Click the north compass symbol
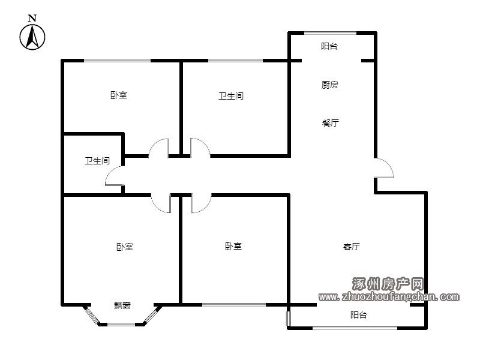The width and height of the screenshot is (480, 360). click(x=32, y=37)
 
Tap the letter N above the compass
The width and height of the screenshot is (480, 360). click(x=32, y=18)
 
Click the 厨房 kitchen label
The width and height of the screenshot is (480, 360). click(x=329, y=85)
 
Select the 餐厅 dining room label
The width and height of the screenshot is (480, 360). click(x=331, y=123)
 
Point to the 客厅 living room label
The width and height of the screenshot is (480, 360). click(x=352, y=247)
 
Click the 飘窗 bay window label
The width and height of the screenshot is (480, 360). click(x=122, y=305)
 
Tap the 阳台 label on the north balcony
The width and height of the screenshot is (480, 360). click(x=329, y=46)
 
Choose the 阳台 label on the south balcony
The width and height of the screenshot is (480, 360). click(x=359, y=315)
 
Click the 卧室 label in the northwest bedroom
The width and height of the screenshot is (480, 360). click(x=119, y=95)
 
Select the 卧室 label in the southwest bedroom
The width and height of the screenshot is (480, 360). click(x=125, y=247)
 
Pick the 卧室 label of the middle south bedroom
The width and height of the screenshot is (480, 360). click(x=233, y=247)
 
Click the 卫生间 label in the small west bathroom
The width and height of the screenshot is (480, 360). click(x=97, y=161)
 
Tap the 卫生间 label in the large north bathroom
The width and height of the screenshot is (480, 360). click(x=231, y=96)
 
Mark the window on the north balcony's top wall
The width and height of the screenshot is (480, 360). click(x=331, y=33)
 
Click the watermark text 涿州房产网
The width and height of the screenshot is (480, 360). click(x=388, y=284)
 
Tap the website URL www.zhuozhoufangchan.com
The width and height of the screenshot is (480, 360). click(x=389, y=296)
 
